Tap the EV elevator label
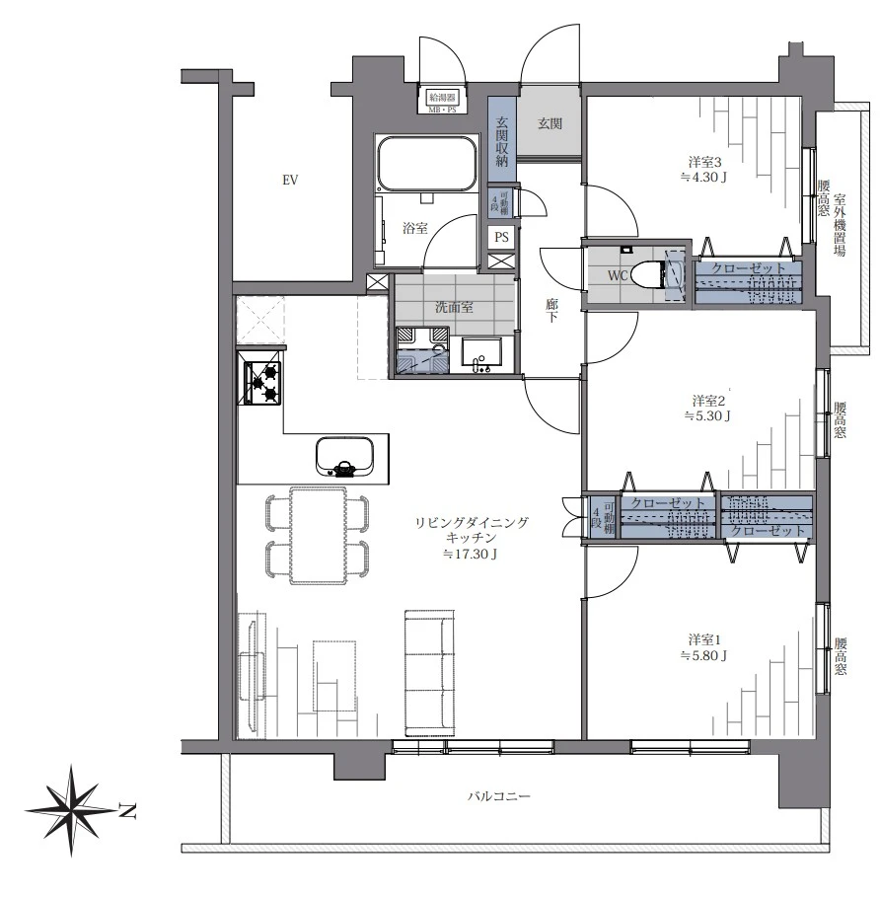(x=290, y=181)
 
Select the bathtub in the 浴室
(x=426, y=163)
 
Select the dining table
(x=318, y=536)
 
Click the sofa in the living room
(x=430, y=673)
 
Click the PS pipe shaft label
(x=501, y=237)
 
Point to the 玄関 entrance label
(x=550, y=123)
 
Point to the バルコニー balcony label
(x=499, y=796)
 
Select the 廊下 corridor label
(x=551, y=310)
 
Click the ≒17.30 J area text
(x=470, y=554)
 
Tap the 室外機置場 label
(x=840, y=225)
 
